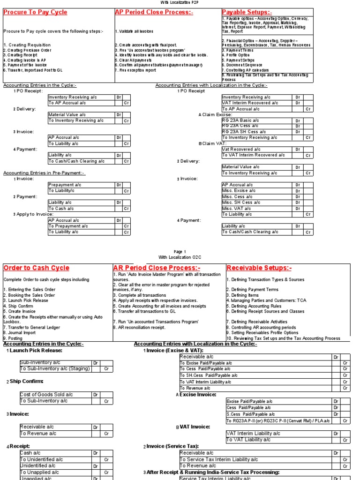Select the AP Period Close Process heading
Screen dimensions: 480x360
tap(147, 12)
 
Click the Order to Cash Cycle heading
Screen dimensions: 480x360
tap(36, 268)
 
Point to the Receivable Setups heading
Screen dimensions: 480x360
tap(259, 268)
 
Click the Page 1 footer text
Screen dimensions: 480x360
tap(180, 251)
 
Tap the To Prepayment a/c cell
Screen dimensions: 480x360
tap(68, 226)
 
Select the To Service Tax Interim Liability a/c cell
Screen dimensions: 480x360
tap(218, 459)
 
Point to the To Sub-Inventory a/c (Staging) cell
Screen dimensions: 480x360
tap(54, 368)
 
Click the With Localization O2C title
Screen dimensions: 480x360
tap(180, 257)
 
